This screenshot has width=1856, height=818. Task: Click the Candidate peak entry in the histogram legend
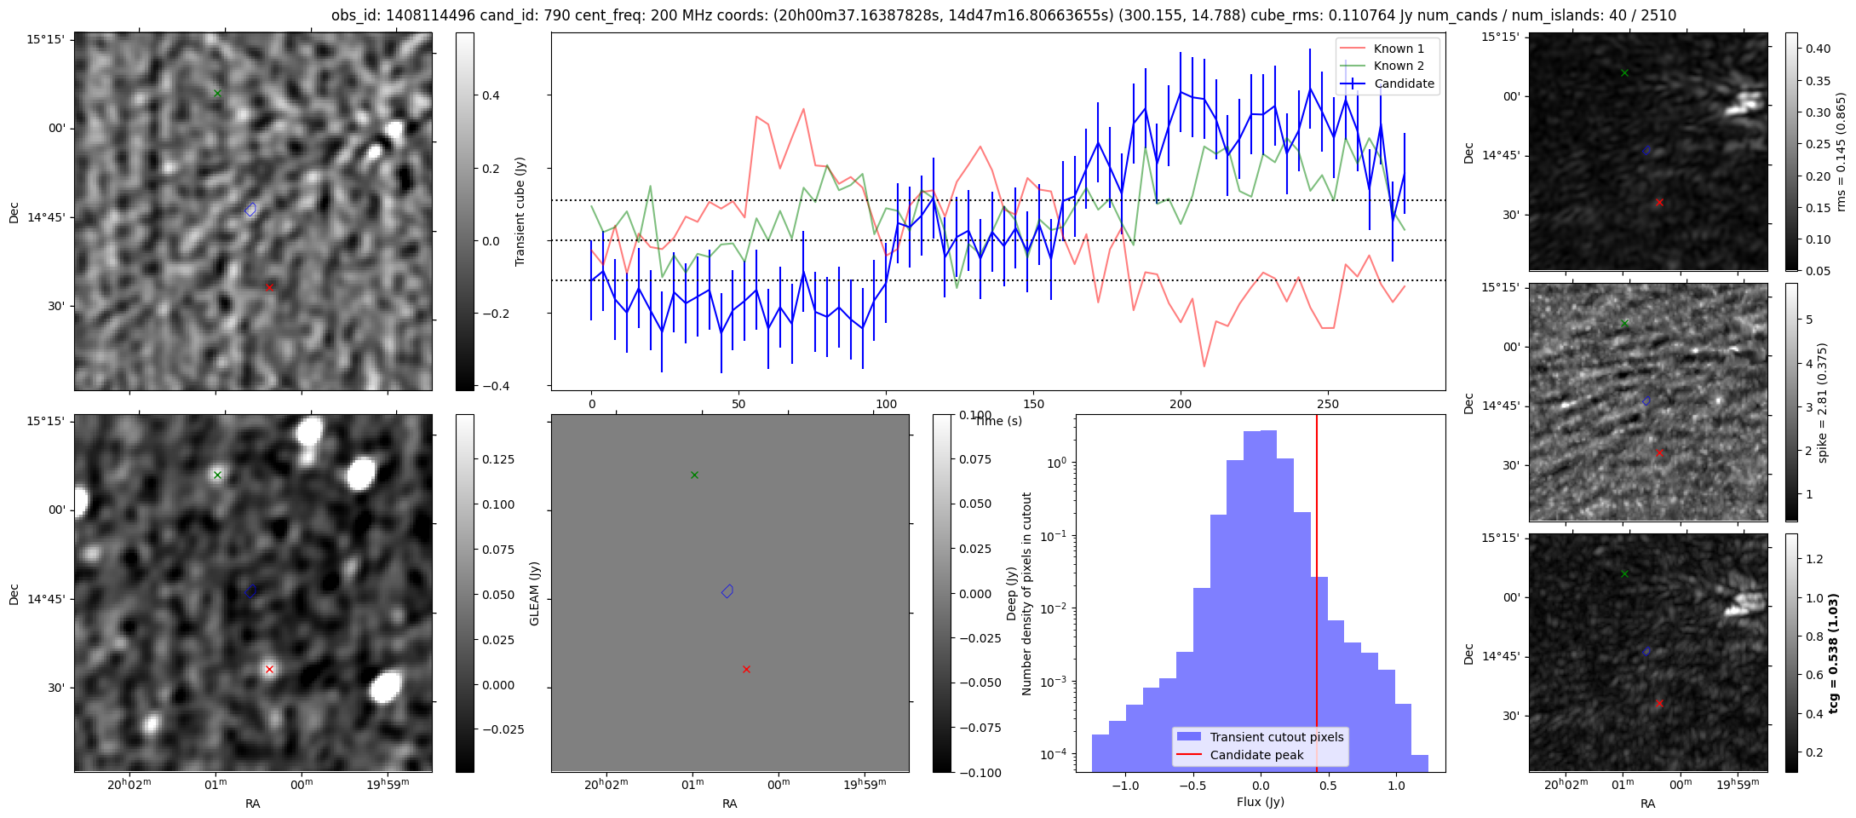(x=1256, y=755)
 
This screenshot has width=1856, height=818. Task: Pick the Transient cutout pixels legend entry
(x=1276, y=737)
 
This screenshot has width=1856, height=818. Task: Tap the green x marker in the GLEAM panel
(x=694, y=475)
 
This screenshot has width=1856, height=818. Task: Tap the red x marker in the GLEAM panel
(x=746, y=669)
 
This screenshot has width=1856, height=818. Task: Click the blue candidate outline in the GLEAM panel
(x=727, y=591)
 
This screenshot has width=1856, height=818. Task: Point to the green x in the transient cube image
(x=217, y=93)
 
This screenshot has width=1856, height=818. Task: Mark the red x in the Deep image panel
(x=269, y=669)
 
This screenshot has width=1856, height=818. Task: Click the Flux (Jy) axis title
(x=1260, y=802)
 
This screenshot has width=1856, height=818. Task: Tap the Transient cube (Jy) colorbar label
(x=520, y=211)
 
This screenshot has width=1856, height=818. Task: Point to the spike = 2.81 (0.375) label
(x=1823, y=402)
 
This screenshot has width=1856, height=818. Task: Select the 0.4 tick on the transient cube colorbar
(x=491, y=95)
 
